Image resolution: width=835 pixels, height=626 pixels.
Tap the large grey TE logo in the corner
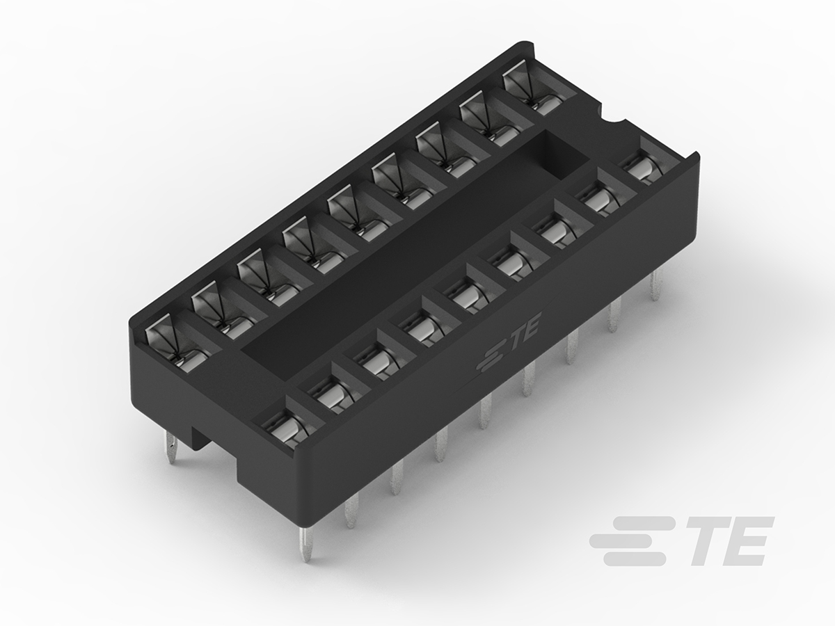click(x=681, y=540)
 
